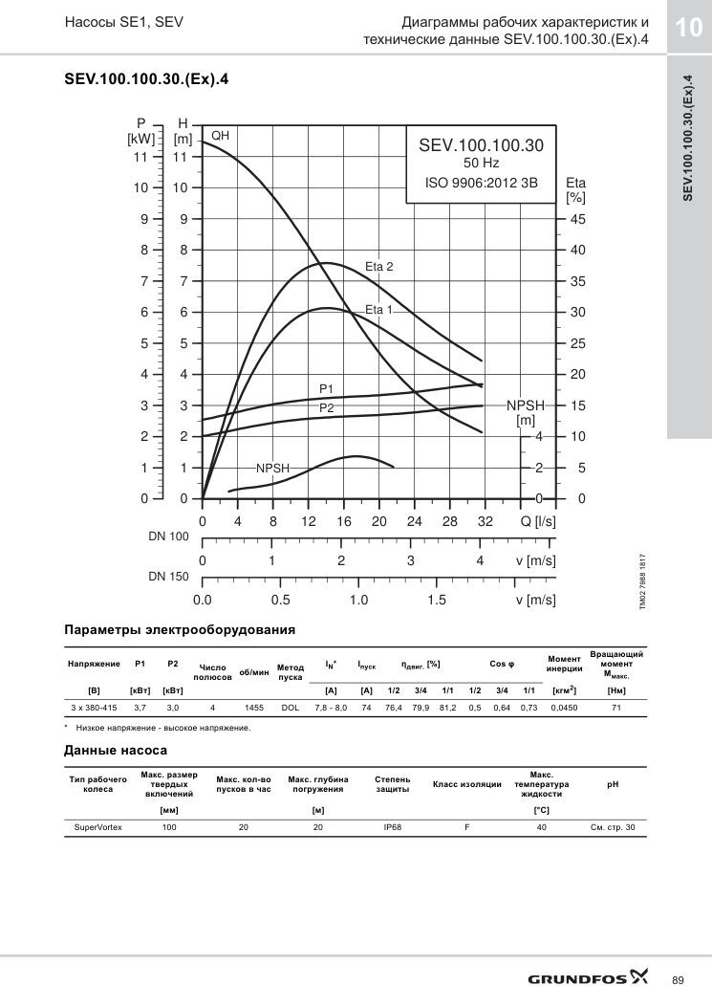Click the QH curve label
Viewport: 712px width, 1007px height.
click(220, 136)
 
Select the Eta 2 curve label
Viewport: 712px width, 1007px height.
click(378, 267)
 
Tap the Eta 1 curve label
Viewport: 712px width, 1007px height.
click(378, 310)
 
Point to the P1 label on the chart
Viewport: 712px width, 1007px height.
click(326, 389)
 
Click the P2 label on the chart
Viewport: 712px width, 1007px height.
click(326, 408)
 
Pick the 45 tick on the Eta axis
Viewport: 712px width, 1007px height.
click(578, 219)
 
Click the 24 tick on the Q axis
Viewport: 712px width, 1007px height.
click(414, 521)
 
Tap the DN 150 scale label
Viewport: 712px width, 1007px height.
click(169, 576)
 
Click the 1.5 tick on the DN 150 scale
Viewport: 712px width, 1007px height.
click(437, 600)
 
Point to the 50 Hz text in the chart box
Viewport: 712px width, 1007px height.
click(482, 164)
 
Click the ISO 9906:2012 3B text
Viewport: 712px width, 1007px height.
click(482, 183)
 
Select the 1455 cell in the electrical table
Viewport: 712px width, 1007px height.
click(254, 708)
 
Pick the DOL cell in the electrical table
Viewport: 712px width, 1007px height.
click(291, 708)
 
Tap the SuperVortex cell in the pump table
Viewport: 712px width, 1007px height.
click(97, 827)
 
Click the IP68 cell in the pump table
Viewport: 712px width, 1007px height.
click(392, 827)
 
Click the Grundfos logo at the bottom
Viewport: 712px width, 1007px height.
click(588, 978)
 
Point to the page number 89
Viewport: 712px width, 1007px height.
click(678, 980)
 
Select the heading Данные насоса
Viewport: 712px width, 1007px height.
click(116, 750)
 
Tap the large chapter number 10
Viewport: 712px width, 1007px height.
click(687, 27)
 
